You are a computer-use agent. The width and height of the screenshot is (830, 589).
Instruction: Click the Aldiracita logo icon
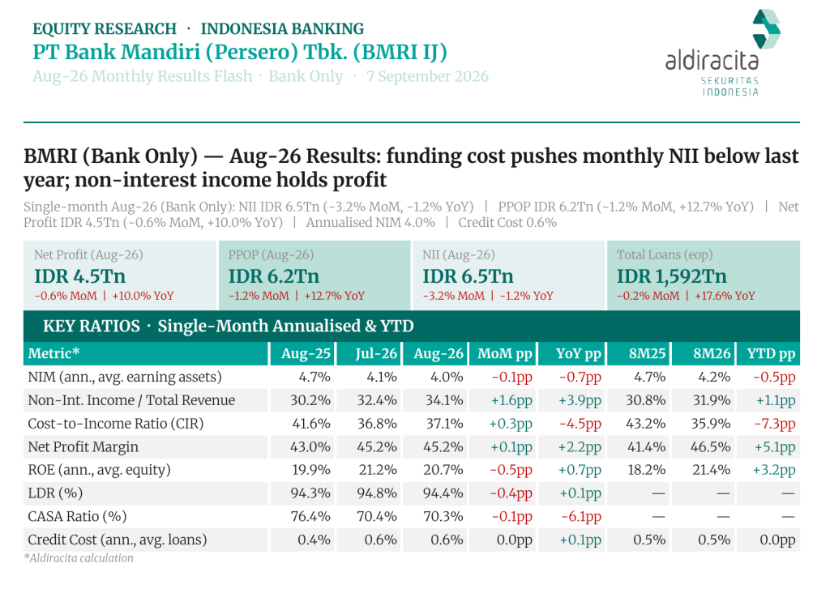(766, 28)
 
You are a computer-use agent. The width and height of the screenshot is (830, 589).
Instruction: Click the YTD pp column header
(771, 353)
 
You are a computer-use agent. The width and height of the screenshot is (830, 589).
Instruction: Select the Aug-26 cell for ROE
(443, 470)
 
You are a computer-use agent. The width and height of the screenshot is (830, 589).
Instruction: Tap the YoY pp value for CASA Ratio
(580, 517)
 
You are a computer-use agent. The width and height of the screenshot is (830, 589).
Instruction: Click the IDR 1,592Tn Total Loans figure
(671, 276)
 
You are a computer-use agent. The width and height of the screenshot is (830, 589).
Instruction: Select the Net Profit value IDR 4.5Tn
(80, 276)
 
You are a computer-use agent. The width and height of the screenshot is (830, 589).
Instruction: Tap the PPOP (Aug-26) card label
(271, 254)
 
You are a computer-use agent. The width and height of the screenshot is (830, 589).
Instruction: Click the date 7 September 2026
(427, 76)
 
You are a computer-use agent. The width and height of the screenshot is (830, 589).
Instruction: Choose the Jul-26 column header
(376, 353)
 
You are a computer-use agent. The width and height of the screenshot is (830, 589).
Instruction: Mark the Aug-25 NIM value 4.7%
(314, 377)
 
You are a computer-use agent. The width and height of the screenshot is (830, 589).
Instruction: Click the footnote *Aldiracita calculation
(79, 557)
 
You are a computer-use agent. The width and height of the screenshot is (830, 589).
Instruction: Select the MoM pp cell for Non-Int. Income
(511, 400)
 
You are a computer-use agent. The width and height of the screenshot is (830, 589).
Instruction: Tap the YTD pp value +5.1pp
(774, 447)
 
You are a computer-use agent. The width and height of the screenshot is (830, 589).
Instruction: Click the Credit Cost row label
(117, 540)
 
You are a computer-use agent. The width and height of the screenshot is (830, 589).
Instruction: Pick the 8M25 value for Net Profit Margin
(646, 446)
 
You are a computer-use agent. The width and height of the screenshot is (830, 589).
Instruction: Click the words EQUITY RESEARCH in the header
(105, 28)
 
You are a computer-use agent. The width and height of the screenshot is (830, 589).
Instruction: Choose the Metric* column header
(53, 353)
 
